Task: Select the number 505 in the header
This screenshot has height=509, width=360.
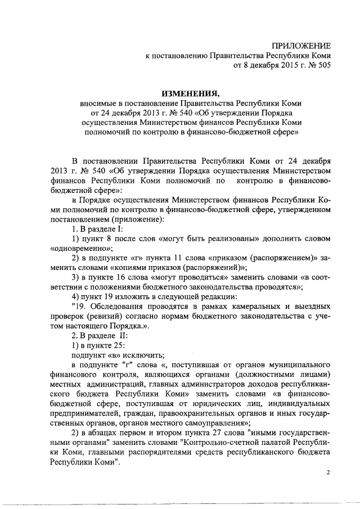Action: tap(323, 65)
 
